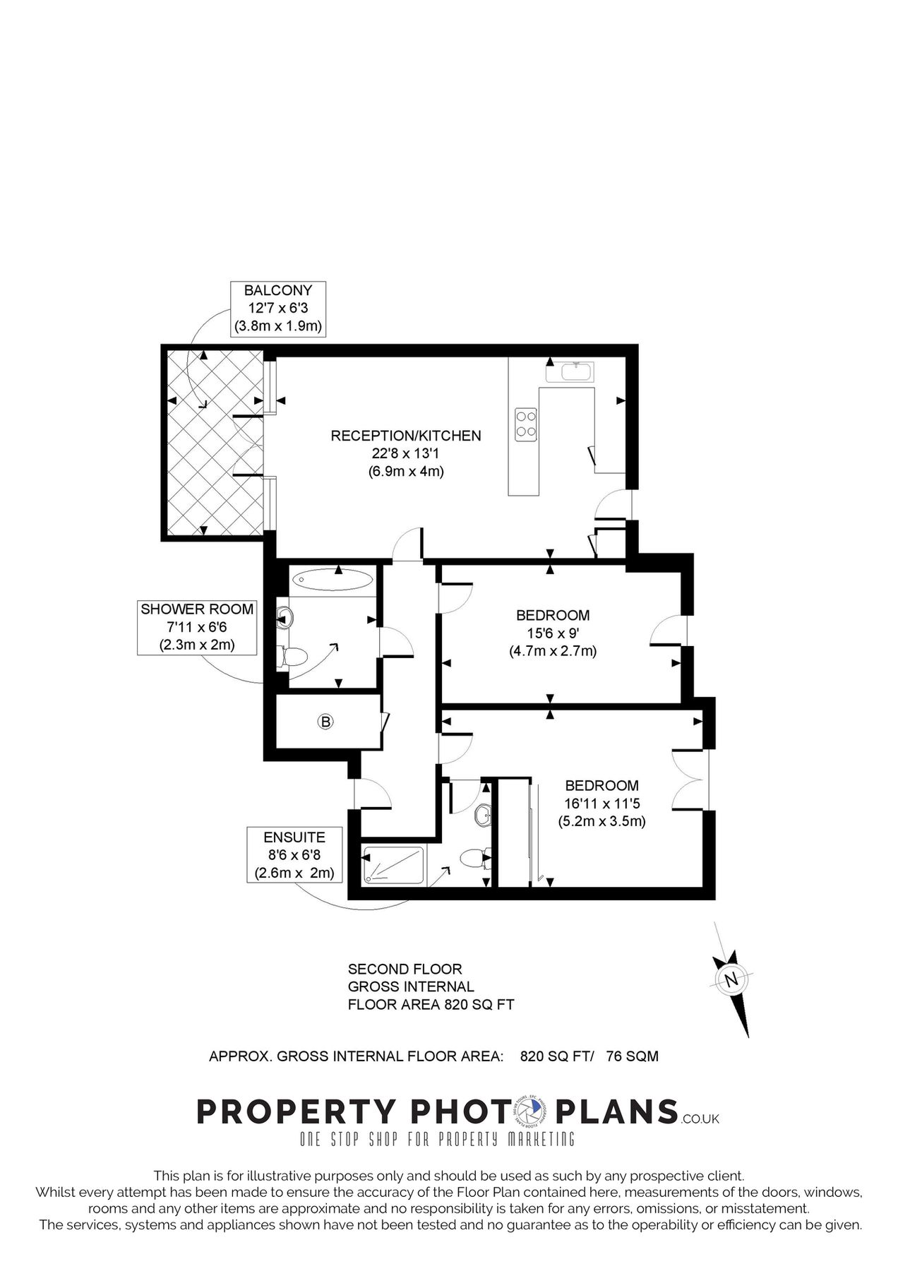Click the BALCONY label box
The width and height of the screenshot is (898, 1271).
coord(277,308)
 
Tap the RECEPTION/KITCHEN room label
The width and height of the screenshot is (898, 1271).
coord(406,436)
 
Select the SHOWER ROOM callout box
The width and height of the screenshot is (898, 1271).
coord(196,626)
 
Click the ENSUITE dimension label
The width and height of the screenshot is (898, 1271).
coord(294,855)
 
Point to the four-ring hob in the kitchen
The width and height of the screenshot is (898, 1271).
coord(526,424)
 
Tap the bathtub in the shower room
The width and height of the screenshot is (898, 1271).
coord(332,580)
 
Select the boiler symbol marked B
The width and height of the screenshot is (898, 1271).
coord(325,722)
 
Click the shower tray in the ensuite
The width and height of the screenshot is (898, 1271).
coord(393,865)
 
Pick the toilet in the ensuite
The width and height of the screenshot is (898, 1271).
coord(472,859)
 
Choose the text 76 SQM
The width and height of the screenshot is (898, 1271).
coord(632,1056)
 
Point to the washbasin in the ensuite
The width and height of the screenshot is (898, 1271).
coord(484,814)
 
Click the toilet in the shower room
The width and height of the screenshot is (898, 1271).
coord(292,656)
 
